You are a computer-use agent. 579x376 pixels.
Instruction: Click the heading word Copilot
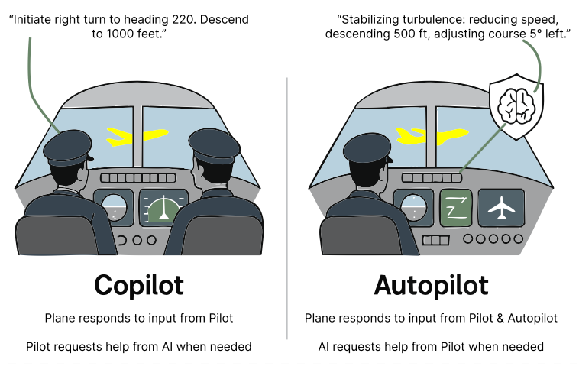point(139,285)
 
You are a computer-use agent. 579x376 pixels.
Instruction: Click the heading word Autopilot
point(431,285)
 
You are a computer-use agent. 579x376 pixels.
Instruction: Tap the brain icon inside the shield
point(516,106)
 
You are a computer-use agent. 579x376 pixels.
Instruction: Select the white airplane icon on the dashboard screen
point(501,208)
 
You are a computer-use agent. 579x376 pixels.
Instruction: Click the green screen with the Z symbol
point(456,208)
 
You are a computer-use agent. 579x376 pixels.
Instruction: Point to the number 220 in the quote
point(183,19)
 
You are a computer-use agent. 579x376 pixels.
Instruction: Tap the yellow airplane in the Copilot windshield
point(137,136)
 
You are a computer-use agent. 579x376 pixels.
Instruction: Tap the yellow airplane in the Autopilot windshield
point(432,136)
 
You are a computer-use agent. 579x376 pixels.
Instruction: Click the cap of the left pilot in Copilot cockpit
point(68,147)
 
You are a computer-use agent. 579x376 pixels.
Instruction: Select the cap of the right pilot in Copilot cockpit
point(214,146)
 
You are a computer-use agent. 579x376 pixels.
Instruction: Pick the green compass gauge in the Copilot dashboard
point(163,209)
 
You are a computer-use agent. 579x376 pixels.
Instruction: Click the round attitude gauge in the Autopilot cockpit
point(413,207)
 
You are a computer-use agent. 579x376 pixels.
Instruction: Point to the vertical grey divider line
point(286,209)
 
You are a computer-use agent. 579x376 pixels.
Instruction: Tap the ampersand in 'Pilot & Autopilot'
point(500,318)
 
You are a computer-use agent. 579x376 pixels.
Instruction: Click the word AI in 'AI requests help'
point(323,347)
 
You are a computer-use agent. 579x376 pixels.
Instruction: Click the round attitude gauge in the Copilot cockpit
point(114,207)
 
